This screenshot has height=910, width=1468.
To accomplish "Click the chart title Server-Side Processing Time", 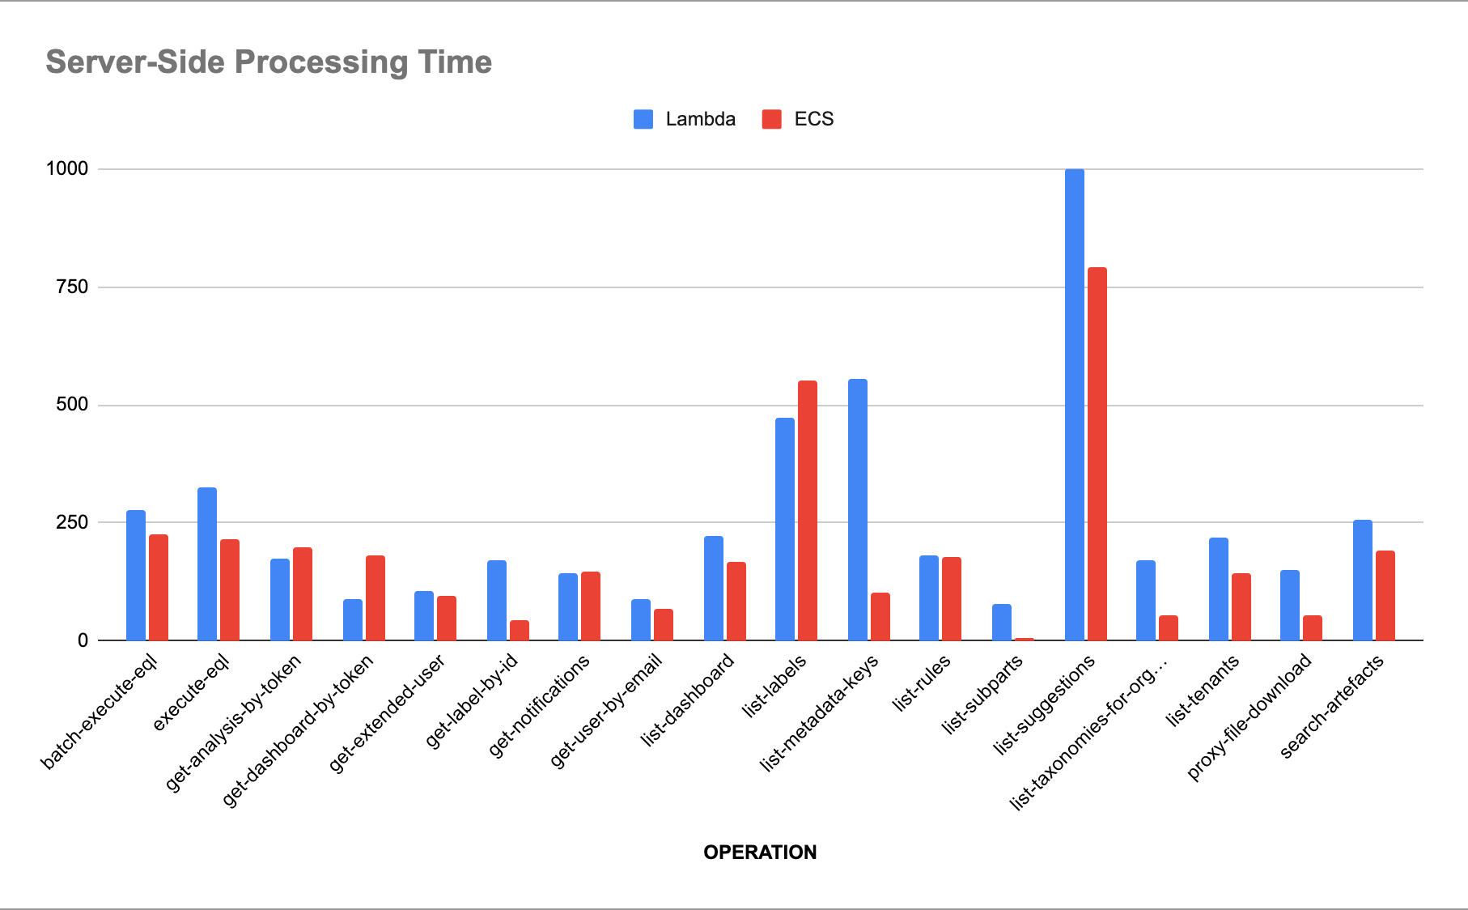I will pyautogui.click(x=269, y=62).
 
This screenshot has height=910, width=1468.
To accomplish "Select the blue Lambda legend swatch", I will pyautogui.click(x=643, y=119).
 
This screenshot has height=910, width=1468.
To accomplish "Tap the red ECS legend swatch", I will pyautogui.click(x=772, y=119).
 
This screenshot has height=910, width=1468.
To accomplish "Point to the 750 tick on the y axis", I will pyautogui.click(x=72, y=287).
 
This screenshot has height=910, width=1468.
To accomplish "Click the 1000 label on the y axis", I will pyautogui.click(x=67, y=168).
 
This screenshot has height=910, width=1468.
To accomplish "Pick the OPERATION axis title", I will pyautogui.click(x=760, y=852).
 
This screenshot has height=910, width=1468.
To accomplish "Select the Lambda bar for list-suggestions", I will pyautogui.click(x=1075, y=405).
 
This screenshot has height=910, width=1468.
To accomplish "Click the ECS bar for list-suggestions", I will pyautogui.click(x=1097, y=453).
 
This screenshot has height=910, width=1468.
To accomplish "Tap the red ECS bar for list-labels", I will pyautogui.click(x=808, y=510).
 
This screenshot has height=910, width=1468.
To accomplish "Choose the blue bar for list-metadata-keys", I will pyautogui.click(x=858, y=510).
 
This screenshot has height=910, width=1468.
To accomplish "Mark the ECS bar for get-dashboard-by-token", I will pyautogui.click(x=375, y=597).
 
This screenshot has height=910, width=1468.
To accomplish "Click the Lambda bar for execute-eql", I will pyautogui.click(x=207, y=563).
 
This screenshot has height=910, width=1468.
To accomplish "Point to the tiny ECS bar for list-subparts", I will pyautogui.click(x=1025, y=639).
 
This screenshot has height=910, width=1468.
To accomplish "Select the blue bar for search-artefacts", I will pyautogui.click(x=1363, y=580).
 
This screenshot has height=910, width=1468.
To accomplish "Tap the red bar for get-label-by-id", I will pyautogui.click(x=520, y=630).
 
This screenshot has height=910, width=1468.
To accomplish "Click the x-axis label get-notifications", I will pyautogui.click(x=540, y=707).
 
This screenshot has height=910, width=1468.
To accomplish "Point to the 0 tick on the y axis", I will pyautogui.click(x=83, y=640).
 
